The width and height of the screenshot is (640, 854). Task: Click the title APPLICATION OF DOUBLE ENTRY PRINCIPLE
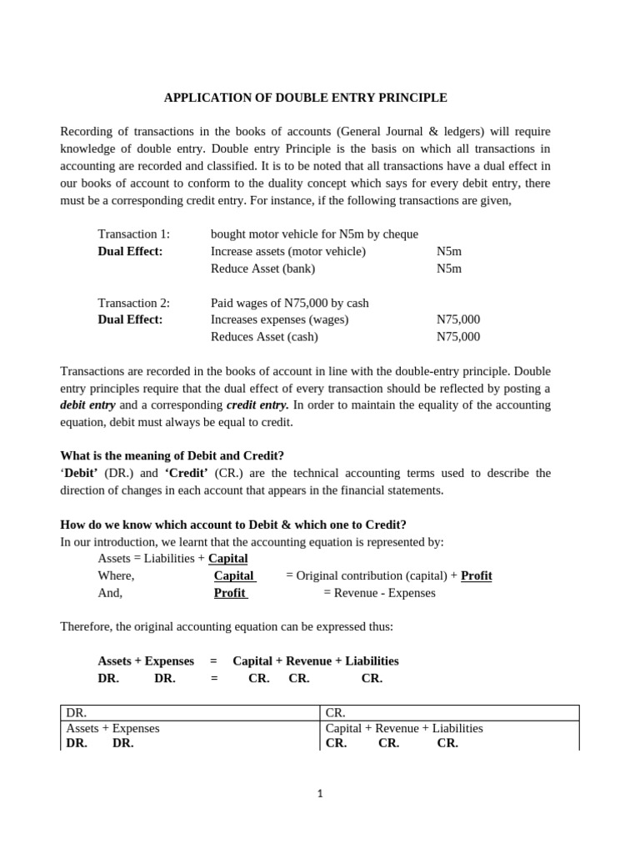click(x=305, y=98)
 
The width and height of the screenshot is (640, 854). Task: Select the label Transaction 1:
click(x=133, y=234)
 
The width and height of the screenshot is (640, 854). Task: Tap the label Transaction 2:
click(x=133, y=303)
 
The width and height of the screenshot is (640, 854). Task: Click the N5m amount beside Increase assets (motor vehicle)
click(x=448, y=251)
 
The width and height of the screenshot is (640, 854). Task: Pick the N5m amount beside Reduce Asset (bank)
click(x=448, y=269)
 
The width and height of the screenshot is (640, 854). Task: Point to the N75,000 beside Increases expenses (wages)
click(x=457, y=319)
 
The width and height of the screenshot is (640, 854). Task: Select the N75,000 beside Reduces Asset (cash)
click(x=457, y=337)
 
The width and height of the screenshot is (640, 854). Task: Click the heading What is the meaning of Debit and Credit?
click(x=172, y=455)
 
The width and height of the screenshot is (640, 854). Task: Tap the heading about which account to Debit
click(x=233, y=525)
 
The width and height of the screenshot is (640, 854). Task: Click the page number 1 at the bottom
click(x=320, y=794)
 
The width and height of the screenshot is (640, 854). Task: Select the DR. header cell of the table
click(x=77, y=713)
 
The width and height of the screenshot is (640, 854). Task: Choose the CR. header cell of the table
click(x=336, y=713)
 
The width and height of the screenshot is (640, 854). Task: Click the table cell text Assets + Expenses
click(x=112, y=728)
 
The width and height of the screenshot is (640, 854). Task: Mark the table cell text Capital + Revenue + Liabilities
click(x=403, y=728)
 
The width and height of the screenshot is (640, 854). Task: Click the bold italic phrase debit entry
click(x=87, y=404)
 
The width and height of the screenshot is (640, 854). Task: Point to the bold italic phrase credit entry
click(x=257, y=404)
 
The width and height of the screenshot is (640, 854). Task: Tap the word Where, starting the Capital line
click(x=116, y=575)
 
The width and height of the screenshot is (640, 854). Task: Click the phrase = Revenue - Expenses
click(x=379, y=593)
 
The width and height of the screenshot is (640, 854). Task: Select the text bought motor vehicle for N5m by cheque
click(x=314, y=234)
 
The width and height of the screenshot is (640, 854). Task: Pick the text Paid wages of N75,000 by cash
click(x=289, y=303)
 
